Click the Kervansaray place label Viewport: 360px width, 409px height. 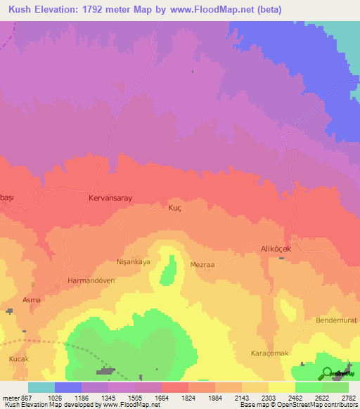pyautogui.click(x=110, y=199)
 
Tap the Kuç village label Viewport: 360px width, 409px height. pyautogui.click(x=175, y=208)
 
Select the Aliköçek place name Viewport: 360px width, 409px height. pyautogui.click(x=281, y=249)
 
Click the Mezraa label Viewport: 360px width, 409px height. pyautogui.click(x=202, y=265)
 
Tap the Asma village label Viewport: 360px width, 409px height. pyautogui.click(x=32, y=299)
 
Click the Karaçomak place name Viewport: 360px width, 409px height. pyautogui.click(x=270, y=353)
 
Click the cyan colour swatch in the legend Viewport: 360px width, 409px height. pyautogui.click(x=41, y=387)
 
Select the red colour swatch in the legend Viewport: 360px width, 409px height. pyautogui.click(x=175, y=387)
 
